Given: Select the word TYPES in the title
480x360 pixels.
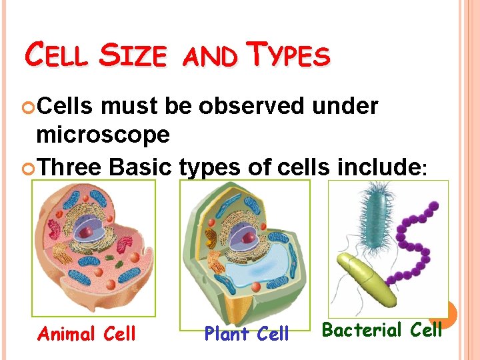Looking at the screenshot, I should (x=289, y=56).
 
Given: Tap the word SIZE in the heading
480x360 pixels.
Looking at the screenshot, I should (x=133, y=56).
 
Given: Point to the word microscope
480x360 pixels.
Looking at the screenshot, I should (x=103, y=135).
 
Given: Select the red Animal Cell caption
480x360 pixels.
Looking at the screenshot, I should (x=87, y=333).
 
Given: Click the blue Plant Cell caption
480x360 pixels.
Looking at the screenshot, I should (x=247, y=333).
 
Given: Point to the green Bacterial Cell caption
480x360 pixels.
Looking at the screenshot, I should (x=382, y=330).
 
